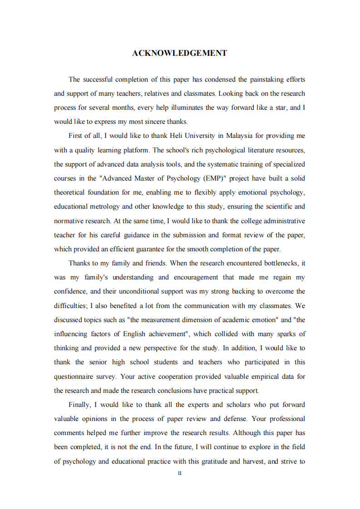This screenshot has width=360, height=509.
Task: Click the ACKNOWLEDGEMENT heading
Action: click(x=179, y=53)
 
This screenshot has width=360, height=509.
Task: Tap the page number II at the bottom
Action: click(x=179, y=473)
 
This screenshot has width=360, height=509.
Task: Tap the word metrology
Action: click(x=107, y=206)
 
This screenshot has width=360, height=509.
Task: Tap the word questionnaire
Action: click(x=74, y=377)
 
